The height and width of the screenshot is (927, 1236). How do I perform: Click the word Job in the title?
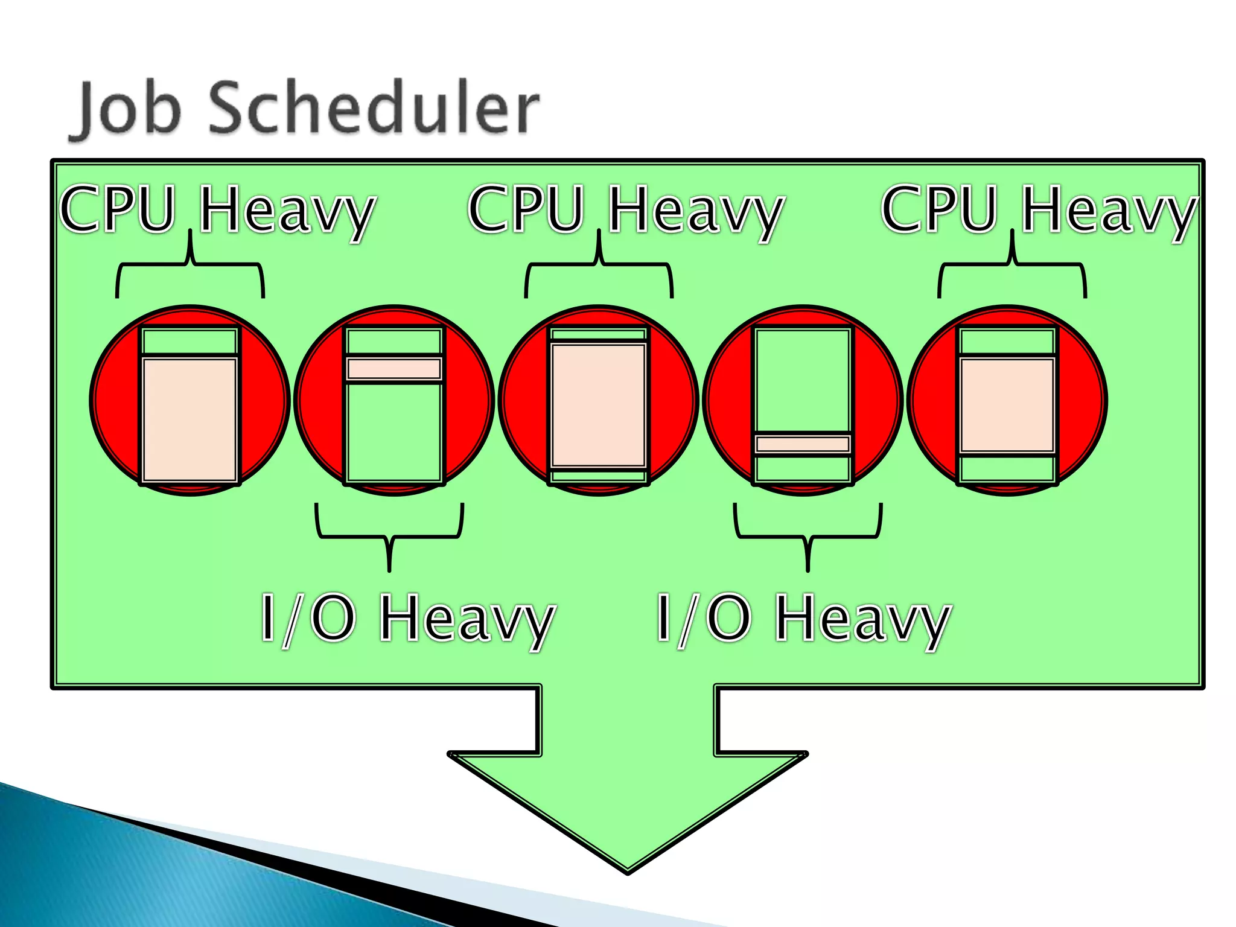pyautogui.click(x=127, y=109)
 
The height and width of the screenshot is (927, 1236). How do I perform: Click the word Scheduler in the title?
pyautogui.click(x=374, y=109)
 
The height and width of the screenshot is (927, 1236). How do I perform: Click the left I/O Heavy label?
pyautogui.click(x=407, y=618)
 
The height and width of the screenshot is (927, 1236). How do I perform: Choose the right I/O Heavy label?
pyautogui.click(x=803, y=618)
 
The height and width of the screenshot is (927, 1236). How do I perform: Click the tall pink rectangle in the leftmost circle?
pyautogui.click(x=190, y=419)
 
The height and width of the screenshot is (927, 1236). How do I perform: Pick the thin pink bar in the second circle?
pyautogui.click(x=394, y=368)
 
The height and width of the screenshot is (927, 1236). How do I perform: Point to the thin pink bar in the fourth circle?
pyautogui.click(x=803, y=444)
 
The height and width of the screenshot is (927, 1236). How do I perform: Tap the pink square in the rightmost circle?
pyautogui.click(x=1007, y=405)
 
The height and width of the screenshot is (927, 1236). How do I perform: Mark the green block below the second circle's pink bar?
pyautogui.click(x=394, y=432)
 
